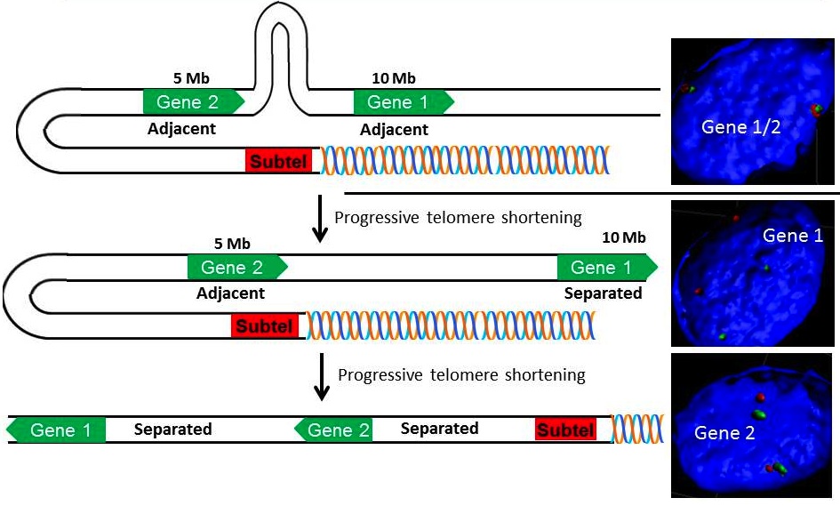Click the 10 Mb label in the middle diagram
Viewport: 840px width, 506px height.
(x=623, y=237)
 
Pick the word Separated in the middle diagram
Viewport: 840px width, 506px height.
(x=604, y=293)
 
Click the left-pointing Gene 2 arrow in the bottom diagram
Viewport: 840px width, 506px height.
(x=333, y=430)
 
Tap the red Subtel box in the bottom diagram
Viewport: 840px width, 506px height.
(x=564, y=430)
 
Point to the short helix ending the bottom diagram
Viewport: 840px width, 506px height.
(x=636, y=429)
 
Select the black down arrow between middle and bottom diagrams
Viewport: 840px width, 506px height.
(x=321, y=377)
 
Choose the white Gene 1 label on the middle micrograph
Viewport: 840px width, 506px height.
(x=793, y=236)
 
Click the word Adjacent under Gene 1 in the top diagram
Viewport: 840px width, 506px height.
(x=394, y=130)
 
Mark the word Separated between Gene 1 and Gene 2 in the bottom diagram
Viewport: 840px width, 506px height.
(x=172, y=430)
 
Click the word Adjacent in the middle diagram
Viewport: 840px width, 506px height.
(x=230, y=293)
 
